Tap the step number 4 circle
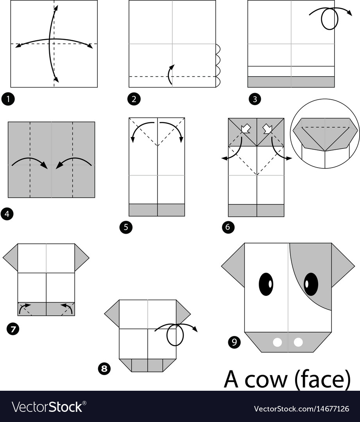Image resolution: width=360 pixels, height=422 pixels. (x=7, y=214)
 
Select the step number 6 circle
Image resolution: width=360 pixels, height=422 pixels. (x=228, y=227)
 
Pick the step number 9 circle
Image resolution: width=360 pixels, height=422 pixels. (x=234, y=342)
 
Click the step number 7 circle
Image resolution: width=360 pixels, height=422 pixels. (x=13, y=329)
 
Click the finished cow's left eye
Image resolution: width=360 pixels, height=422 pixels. (x=266, y=284)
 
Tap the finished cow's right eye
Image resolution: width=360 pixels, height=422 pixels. (x=311, y=284)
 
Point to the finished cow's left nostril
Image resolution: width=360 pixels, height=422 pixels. (x=278, y=343)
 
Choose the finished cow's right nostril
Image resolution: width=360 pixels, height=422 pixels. (x=298, y=343)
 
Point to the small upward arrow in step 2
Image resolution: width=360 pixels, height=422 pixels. (x=171, y=74)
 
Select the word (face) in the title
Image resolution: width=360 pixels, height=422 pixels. (x=321, y=380)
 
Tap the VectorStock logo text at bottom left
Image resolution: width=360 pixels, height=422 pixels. (x=49, y=407)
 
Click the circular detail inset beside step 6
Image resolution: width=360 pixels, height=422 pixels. (x=325, y=134)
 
